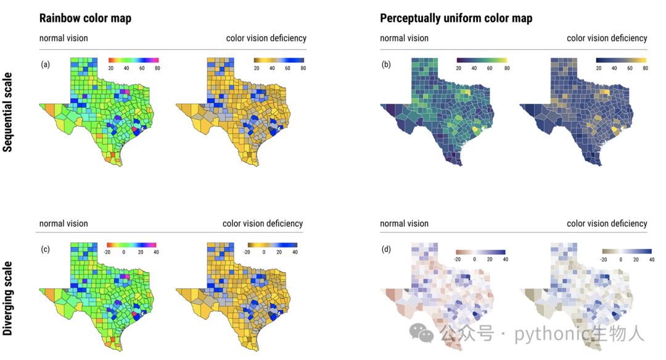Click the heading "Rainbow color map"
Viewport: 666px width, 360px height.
point(85,19)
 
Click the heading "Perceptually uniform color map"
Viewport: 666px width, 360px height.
point(456,19)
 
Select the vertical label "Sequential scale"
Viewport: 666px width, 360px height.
point(7,112)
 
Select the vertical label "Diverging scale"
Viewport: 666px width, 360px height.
point(7,298)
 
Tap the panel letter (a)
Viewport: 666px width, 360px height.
point(46,64)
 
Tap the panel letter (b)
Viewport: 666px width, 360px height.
point(386,64)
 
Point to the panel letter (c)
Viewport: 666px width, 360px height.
point(46,249)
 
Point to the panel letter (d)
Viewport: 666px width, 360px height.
point(386,249)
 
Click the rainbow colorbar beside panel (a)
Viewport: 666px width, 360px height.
point(133,61)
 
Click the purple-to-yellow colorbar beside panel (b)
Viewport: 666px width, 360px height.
point(482,61)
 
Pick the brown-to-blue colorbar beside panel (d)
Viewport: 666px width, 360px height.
point(480,253)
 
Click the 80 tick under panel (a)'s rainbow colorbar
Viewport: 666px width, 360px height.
point(158,68)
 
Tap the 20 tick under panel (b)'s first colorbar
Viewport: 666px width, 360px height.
point(459,68)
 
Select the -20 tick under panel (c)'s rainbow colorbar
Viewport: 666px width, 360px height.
point(107,253)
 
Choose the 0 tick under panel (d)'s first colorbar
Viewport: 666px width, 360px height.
point(474,259)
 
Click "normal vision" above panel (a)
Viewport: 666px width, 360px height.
point(64,38)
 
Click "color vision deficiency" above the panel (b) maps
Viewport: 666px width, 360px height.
point(607,38)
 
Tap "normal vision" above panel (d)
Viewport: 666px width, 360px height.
point(405,224)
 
